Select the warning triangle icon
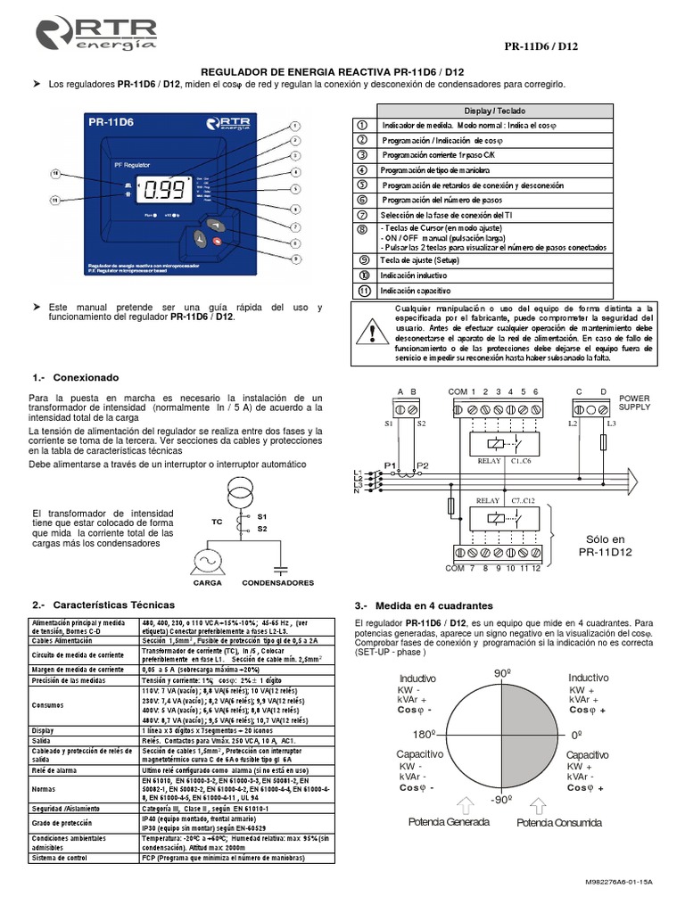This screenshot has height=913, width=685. click(371, 332)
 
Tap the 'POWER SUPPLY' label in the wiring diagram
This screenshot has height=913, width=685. click(635, 402)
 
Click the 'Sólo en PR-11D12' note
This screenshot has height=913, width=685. click(606, 546)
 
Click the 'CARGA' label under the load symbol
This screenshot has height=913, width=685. click(207, 582)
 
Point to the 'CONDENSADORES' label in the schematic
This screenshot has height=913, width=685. click(277, 582)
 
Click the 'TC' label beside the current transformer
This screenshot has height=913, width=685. click(216, 522)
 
